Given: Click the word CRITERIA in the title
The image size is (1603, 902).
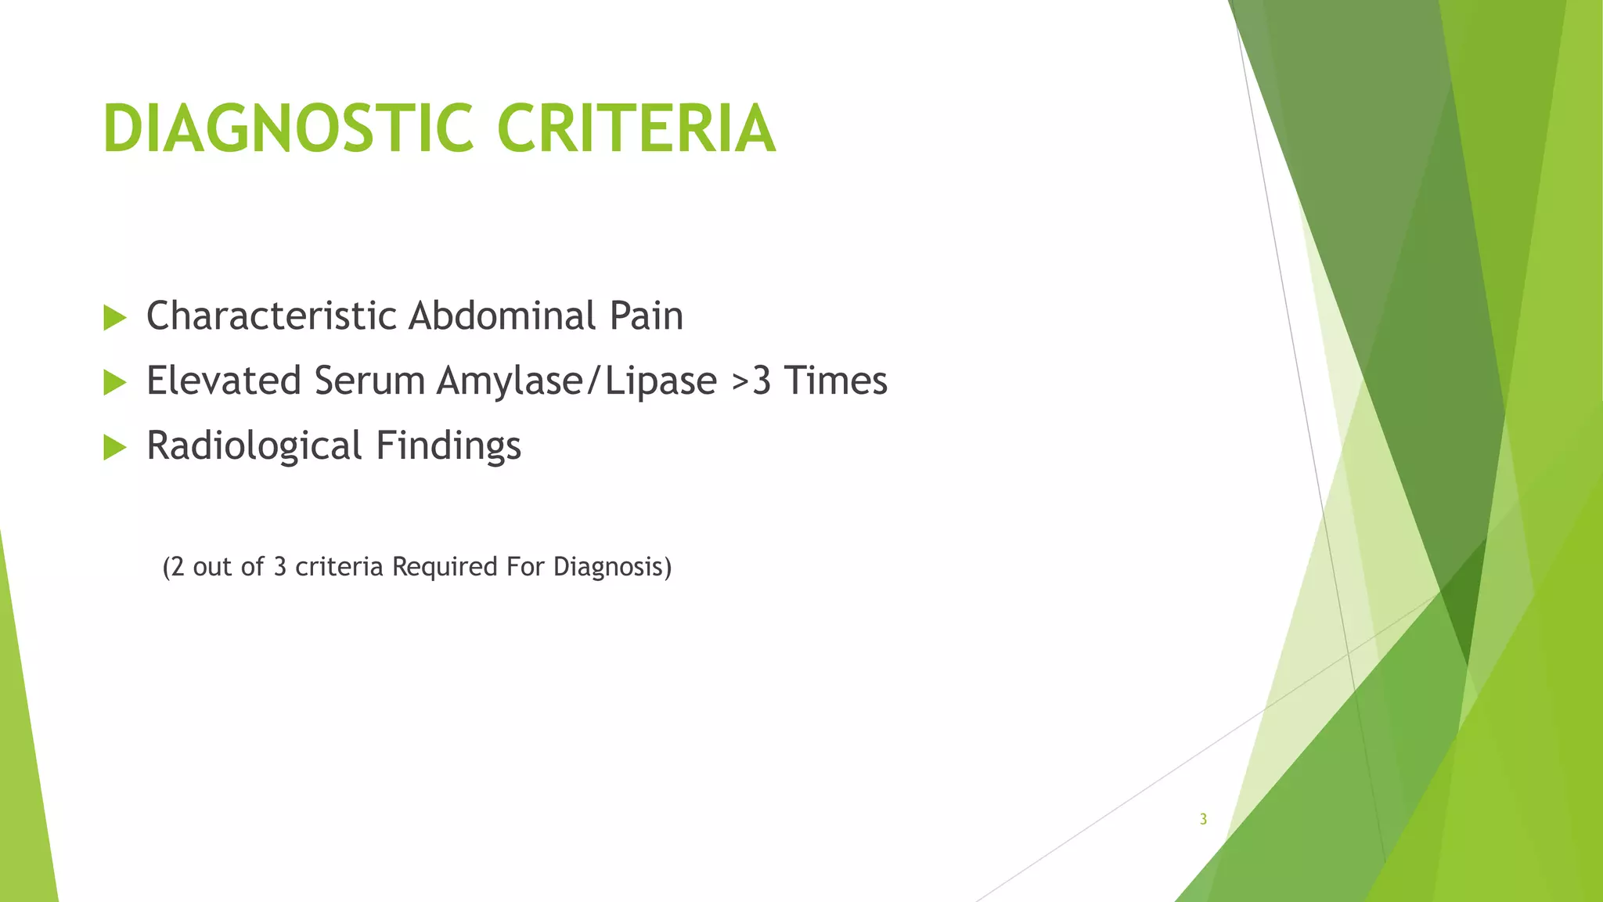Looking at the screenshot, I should [x=636, y=129].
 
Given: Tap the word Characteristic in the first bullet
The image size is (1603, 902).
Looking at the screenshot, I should [x=272, y=316].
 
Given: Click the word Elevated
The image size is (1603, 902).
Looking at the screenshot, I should [x=224, y=381].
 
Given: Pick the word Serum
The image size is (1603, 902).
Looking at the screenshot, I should [x=369, y=381].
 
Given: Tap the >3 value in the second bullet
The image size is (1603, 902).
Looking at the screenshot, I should [x=752, y=381].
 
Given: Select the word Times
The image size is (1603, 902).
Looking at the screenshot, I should [x=836, y=381].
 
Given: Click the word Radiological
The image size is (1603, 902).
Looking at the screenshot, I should [x=254, y=446].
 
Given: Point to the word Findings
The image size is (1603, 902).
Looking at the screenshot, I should [x=448, y=446].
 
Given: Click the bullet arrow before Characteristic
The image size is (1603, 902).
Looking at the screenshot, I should [x=115, y=318].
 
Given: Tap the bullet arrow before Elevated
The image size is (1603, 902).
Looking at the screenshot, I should [x=115, y=383].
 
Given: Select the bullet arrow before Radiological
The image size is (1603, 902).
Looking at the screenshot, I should [x=115, y=448].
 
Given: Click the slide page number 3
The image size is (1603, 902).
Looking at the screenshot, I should [x=1203, y=820].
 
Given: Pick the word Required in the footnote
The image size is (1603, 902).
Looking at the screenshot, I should [x=445, y=566].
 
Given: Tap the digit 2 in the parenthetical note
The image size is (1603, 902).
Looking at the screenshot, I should [x=177, y=566].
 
